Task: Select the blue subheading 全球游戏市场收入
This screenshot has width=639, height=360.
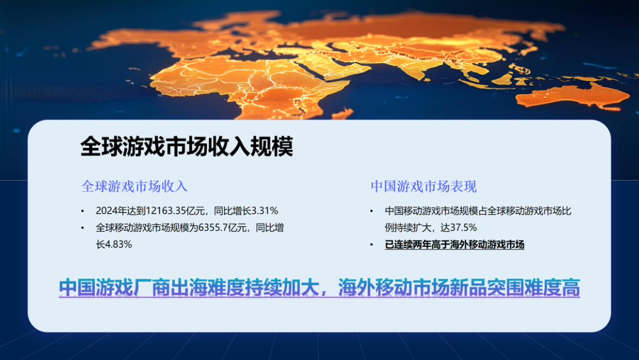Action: coord(134,187)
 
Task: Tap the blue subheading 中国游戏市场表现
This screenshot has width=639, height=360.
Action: coord(424,187)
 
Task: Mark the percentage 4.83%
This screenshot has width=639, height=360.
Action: coord(118,244)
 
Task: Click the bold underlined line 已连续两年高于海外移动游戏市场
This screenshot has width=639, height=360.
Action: coord(454,245)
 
